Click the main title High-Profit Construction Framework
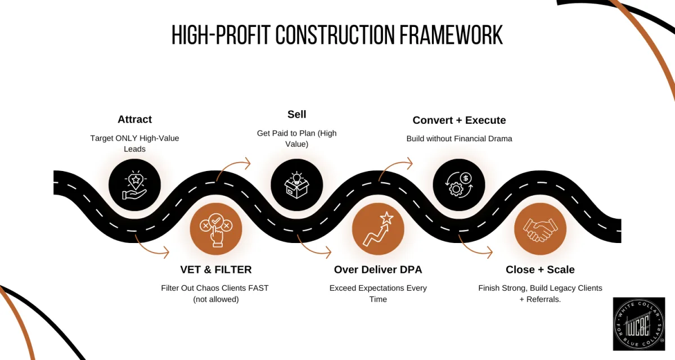337,35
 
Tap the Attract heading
134,119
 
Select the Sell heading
296,114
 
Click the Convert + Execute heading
459,120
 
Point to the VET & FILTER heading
216,269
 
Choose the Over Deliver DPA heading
378,269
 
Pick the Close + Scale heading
540,269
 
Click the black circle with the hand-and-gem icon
134,184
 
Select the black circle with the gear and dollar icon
458,184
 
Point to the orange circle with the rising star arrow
378,229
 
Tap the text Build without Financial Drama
459,138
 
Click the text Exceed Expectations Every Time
378,294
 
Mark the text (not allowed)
215,299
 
